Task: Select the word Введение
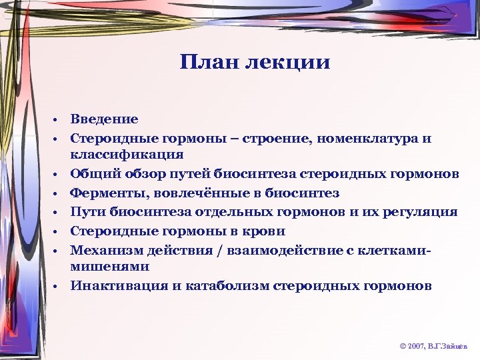105,119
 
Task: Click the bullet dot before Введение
59,120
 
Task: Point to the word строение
277,139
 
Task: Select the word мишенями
110,266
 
